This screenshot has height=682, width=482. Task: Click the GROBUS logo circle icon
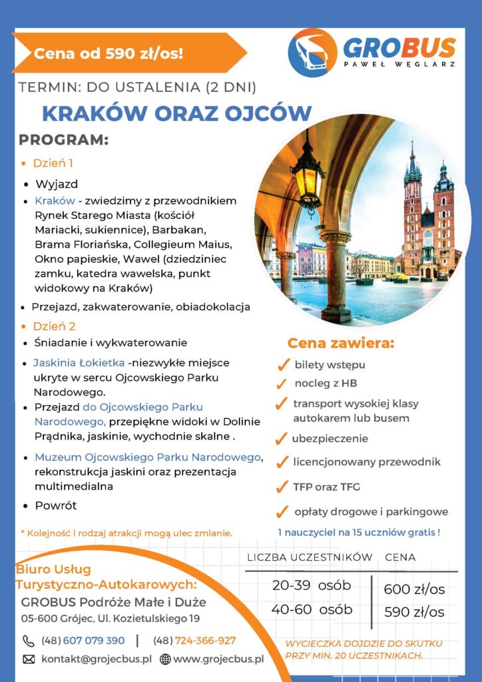pyautogui.click(x=312, y=53)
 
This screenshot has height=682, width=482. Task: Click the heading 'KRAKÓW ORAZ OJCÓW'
pyautogui.click(x=176, y=113)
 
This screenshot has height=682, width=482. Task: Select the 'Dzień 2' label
pyautogui.click(x=54, y=326)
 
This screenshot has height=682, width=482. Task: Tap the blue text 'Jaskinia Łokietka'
pyautogui.click(x=79, y=363)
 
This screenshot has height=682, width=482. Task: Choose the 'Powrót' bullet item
pyautogui.click(x=56, y=506)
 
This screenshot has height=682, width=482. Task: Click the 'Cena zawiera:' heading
pyautogui.click(x=341, y=344)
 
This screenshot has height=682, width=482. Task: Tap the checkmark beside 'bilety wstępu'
pyautogui.click(x=282, y=365)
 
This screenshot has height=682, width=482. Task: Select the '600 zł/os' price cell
pyautogui.click(x=414, y=589)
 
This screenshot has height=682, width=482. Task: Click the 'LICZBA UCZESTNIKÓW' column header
pyautogui.click(x=310, y=557)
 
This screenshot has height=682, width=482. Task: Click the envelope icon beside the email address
pyautogui.click(x=29, y=659)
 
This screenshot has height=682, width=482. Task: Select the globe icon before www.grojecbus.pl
pyautogui.click(x=165, y=659)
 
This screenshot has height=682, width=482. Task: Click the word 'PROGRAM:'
pyautogui.click(x=63, y=141)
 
